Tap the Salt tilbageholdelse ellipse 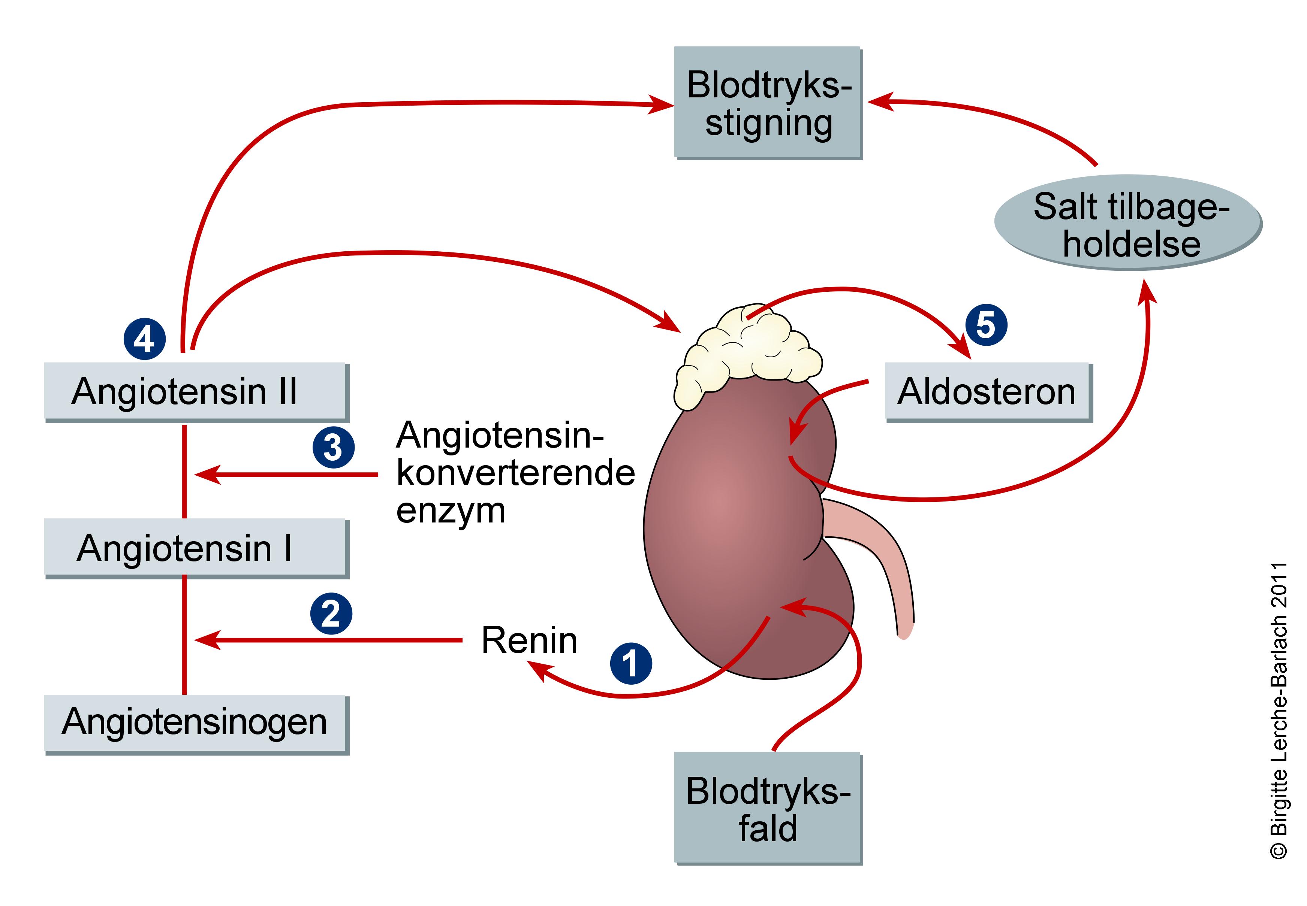tap(1127, 222)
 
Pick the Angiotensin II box tap(196, 392)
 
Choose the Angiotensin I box tap(196, 548)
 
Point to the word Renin tap(529, 640)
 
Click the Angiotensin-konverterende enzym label tap(514, 472)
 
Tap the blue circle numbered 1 tap(630, 663)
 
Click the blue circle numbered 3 tap(334, 447)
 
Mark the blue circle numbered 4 tap(144, 339)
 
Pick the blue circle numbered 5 tap(986, 325)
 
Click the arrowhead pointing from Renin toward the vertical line tap(206, 640)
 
